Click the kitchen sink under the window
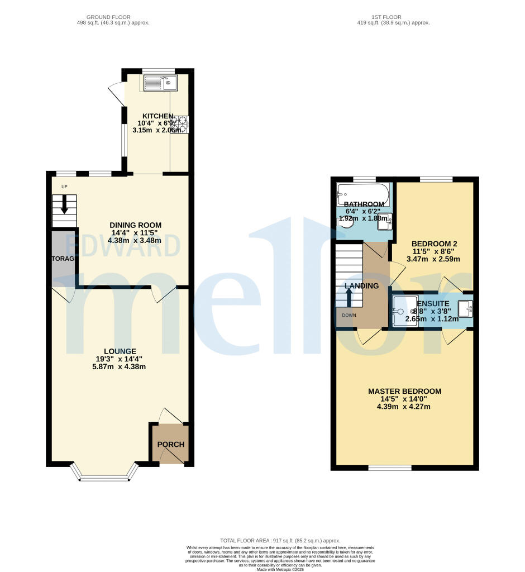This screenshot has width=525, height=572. click(160, 83)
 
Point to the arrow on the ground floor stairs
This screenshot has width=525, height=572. click(64, 204)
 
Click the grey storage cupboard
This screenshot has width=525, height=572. click(63, 257)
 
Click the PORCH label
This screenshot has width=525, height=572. click(170, 445)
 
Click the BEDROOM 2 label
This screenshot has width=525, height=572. click(434, 244)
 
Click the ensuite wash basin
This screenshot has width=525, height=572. click(466, 307)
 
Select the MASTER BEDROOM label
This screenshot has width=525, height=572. click(404, 391)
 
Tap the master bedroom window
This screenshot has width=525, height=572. click(389, 468)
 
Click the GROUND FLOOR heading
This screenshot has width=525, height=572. click(113, 17)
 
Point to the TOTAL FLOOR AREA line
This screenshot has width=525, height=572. click(279, 541)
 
